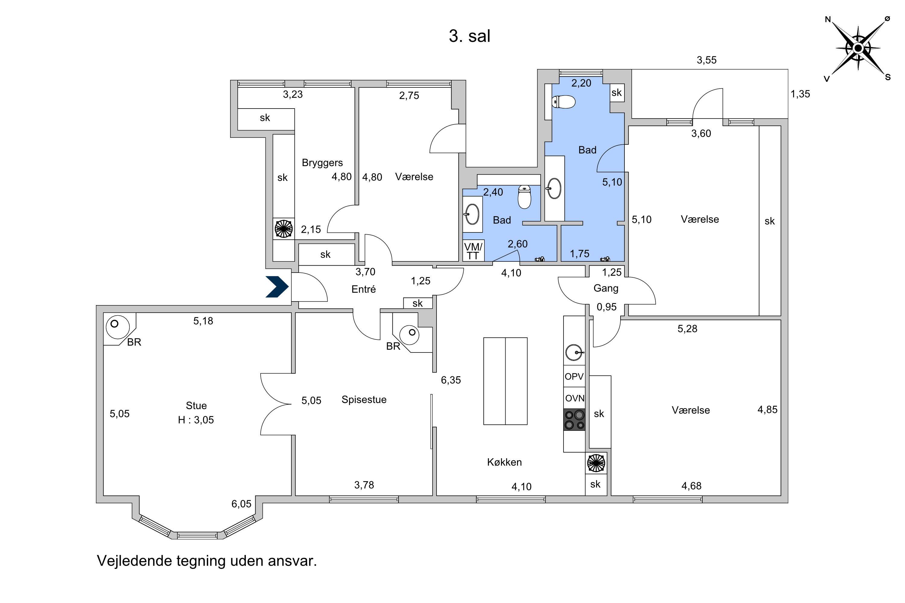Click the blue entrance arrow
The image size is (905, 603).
tap(277, 287)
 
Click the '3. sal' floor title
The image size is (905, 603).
tap(469, 36)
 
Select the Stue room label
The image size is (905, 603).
tap(196, 406)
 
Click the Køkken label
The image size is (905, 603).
tap(504, 462)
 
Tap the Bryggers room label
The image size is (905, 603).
tap(322, 163)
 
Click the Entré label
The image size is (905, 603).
tap(364, 289)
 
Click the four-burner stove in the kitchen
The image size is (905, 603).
tap(574, 420)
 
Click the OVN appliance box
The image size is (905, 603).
tap(574, 398)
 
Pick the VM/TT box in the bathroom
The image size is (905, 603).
tap(473, 251)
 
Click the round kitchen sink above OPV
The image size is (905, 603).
tap(574, 352)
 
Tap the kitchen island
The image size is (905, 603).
tap(505, 381)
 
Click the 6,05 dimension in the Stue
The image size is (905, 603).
tap(241, 504)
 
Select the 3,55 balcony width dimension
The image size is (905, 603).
tap(707, 60)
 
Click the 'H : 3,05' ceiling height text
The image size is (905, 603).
tap(196, 420)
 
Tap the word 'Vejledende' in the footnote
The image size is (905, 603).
tap(134, 561)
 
